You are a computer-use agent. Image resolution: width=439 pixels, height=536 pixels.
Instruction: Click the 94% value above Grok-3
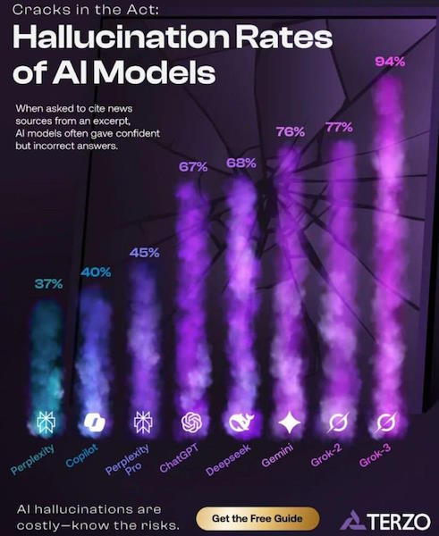[390, 62]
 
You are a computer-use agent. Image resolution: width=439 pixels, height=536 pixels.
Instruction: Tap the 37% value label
[48, 284]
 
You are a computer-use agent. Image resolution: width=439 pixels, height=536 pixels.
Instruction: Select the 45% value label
[144, 253]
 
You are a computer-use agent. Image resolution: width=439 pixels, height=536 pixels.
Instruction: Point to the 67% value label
[193, 167]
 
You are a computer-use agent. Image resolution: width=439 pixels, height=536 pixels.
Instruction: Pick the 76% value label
[291, 131]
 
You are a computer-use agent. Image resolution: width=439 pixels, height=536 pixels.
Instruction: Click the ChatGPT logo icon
[191, 423]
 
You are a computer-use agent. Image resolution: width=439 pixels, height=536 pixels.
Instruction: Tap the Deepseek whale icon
[241, 423]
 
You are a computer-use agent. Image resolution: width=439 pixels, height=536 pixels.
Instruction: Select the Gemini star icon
[290, 423]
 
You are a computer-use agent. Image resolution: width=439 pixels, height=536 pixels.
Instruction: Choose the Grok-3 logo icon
[386, 423]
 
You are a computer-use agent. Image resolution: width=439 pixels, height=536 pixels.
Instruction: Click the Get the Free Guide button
[257, 518]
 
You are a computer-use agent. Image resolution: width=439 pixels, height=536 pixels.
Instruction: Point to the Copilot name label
[81, 456]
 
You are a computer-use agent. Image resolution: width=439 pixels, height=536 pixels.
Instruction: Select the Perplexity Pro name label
[128, 460]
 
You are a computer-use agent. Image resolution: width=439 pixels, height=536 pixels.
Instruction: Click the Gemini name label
[277, 455]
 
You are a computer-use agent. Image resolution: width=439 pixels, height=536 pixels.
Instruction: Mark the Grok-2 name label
[326, 455]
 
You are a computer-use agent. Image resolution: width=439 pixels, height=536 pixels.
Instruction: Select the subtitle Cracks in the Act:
[86, 9]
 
